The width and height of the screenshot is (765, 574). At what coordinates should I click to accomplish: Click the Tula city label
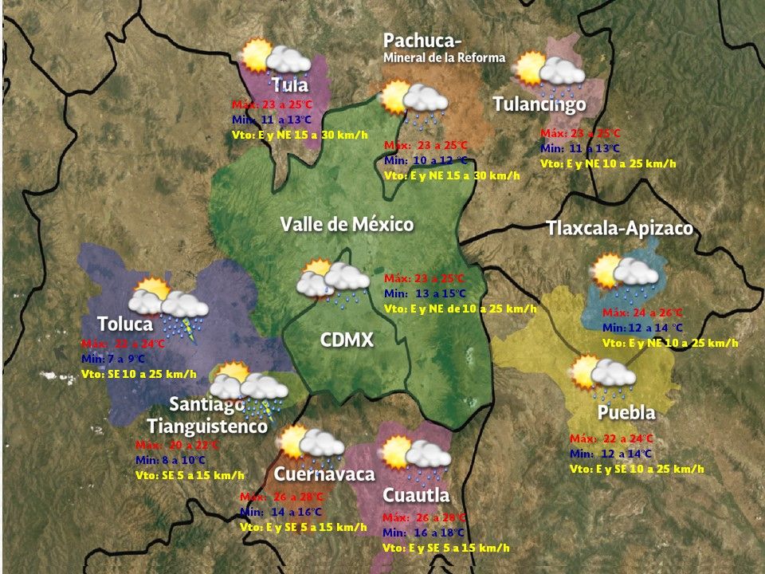[289, 85]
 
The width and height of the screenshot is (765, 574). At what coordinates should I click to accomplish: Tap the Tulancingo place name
[539, 104]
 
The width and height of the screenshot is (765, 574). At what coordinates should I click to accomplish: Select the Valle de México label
[347, 224]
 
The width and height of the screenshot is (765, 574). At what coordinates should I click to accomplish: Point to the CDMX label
[347, 340]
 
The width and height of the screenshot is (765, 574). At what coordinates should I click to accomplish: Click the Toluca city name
[125, 324]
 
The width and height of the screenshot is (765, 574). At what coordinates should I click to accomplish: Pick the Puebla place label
[626, 413]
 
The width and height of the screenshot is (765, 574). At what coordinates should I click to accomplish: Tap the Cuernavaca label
[324, 474]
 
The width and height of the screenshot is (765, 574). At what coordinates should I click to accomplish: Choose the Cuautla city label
[416, 495]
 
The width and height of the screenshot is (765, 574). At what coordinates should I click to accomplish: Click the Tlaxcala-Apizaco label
[619, 229]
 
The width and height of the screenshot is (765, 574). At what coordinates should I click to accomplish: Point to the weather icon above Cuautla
[415, 456]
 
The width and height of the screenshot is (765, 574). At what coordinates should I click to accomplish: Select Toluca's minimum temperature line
[120, 360]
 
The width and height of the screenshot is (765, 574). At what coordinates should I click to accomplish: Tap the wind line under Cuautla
[445, 548]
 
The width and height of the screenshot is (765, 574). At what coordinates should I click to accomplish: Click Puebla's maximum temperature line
[611, 439]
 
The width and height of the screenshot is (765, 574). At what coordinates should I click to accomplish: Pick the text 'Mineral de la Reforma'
[444, 57]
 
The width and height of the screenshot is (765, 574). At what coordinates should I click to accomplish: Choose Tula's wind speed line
[300, 135]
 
